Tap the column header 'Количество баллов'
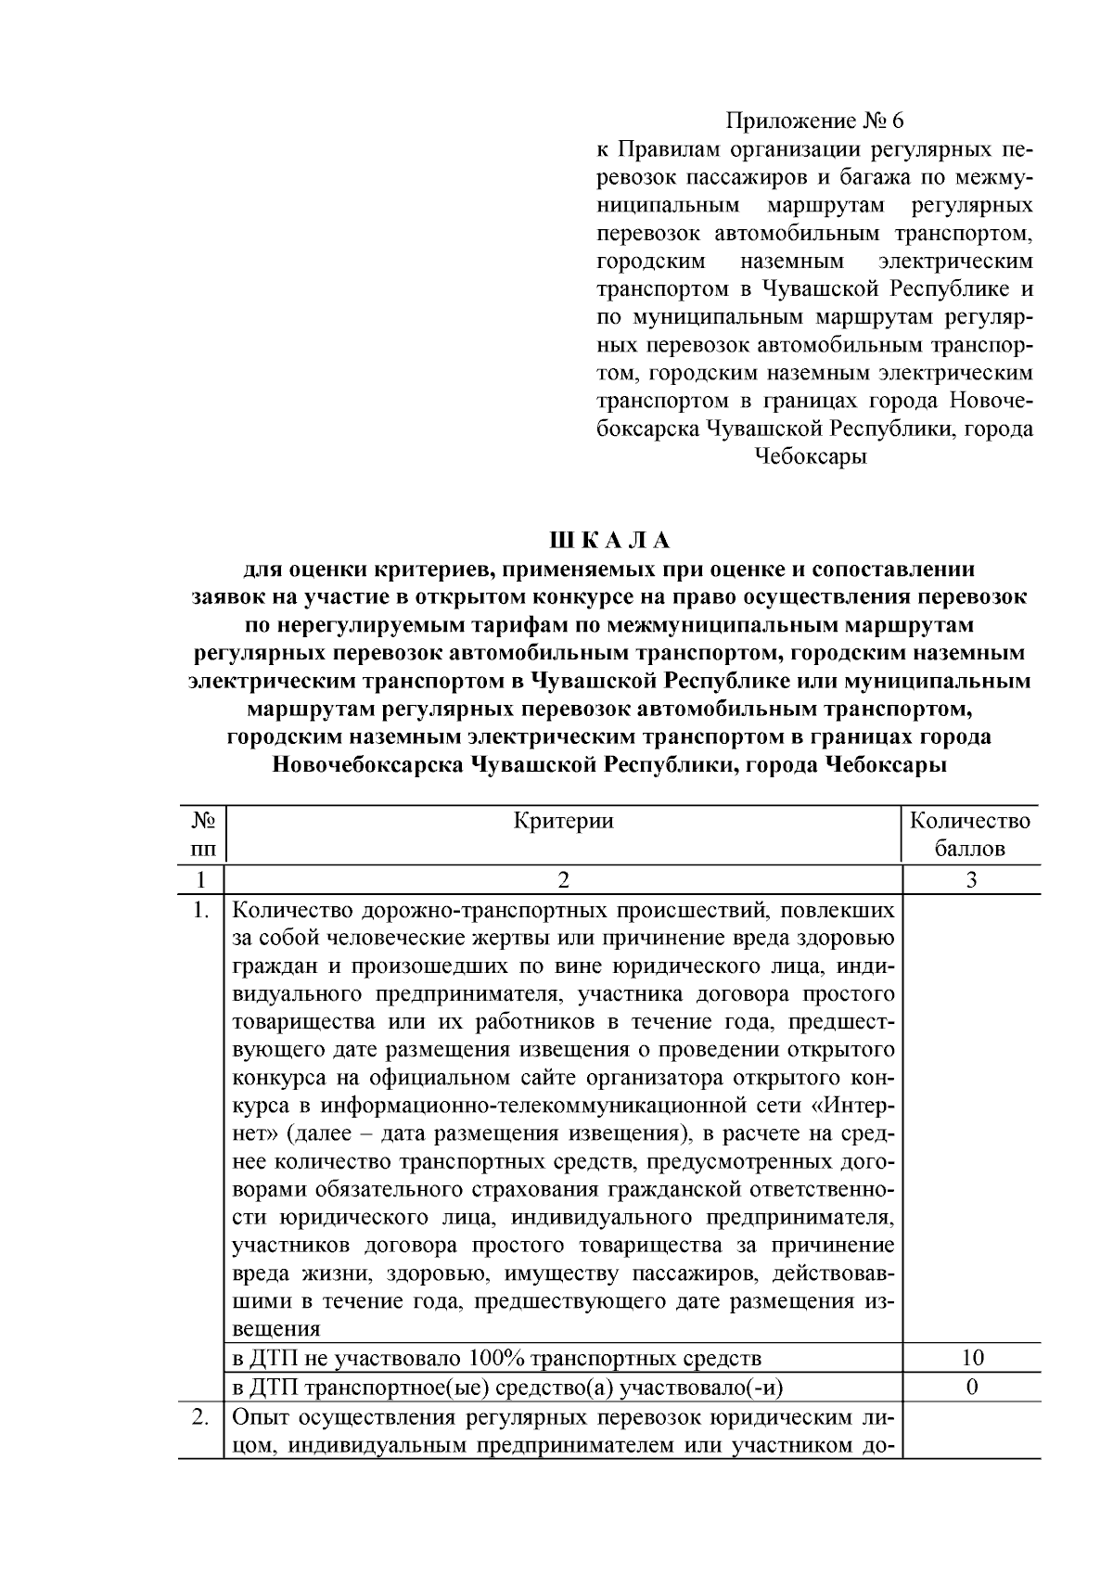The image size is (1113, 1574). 969,835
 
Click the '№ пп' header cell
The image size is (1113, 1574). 203,835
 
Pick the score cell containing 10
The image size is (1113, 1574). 971,1359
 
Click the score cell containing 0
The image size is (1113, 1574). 971,1388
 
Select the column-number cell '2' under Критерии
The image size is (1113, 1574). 563,880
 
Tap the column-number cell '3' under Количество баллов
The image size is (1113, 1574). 971,880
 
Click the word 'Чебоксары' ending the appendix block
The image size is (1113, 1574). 811,457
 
